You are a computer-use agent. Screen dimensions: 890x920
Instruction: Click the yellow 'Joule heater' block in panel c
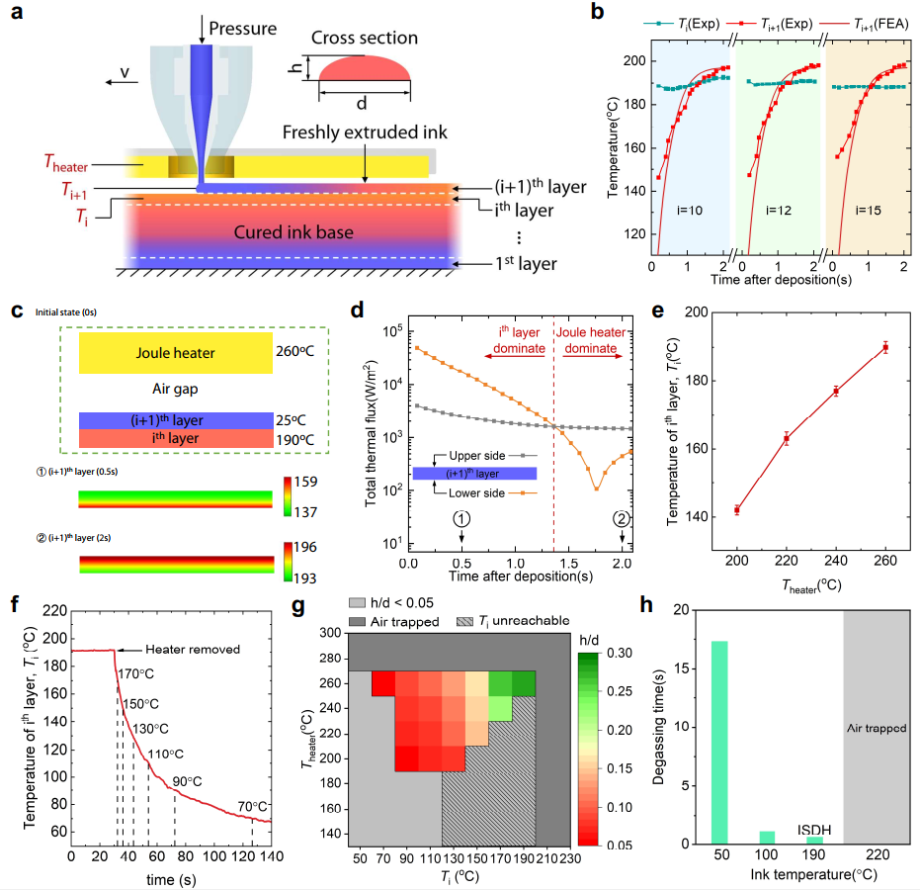coord(176,352)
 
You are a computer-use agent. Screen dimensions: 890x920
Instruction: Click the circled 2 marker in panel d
coord(622,516)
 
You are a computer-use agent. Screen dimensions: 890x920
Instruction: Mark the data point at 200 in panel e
coord(737,510)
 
